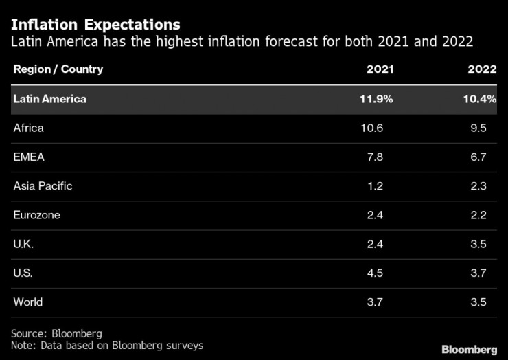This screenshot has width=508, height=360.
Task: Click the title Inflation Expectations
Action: click(95, 25)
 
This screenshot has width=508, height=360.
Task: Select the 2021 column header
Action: click(380, 69)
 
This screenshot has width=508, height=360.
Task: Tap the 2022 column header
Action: click(482, 69)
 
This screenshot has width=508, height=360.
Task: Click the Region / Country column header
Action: click(58, 69)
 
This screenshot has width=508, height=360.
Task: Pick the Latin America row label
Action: click(50, 99)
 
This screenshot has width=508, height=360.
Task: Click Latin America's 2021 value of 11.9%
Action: click(376, 99)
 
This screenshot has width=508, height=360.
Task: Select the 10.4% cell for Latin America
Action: click(480, 99)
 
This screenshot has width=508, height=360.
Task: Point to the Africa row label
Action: click(29, 128)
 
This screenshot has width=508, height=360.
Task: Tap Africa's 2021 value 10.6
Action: click(372, 128)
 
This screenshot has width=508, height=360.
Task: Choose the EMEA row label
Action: click(29, 157)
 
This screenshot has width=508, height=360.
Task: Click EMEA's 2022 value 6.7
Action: click(478, 157)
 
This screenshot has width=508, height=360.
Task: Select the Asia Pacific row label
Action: click(43, 185)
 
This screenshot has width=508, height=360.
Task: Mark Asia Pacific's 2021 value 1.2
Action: click(376, 185)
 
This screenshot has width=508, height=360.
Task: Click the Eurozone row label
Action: click(36, 215)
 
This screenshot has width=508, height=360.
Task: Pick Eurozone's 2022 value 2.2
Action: click(478, 215)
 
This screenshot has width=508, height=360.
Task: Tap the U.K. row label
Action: click(23, 244)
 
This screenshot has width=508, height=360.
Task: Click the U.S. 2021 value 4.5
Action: click(376, 273)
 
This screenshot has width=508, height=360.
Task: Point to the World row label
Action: click(28, 302)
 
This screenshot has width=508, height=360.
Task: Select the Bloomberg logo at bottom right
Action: click(469, 349)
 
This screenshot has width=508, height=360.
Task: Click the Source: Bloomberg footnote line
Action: click(56, 333)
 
